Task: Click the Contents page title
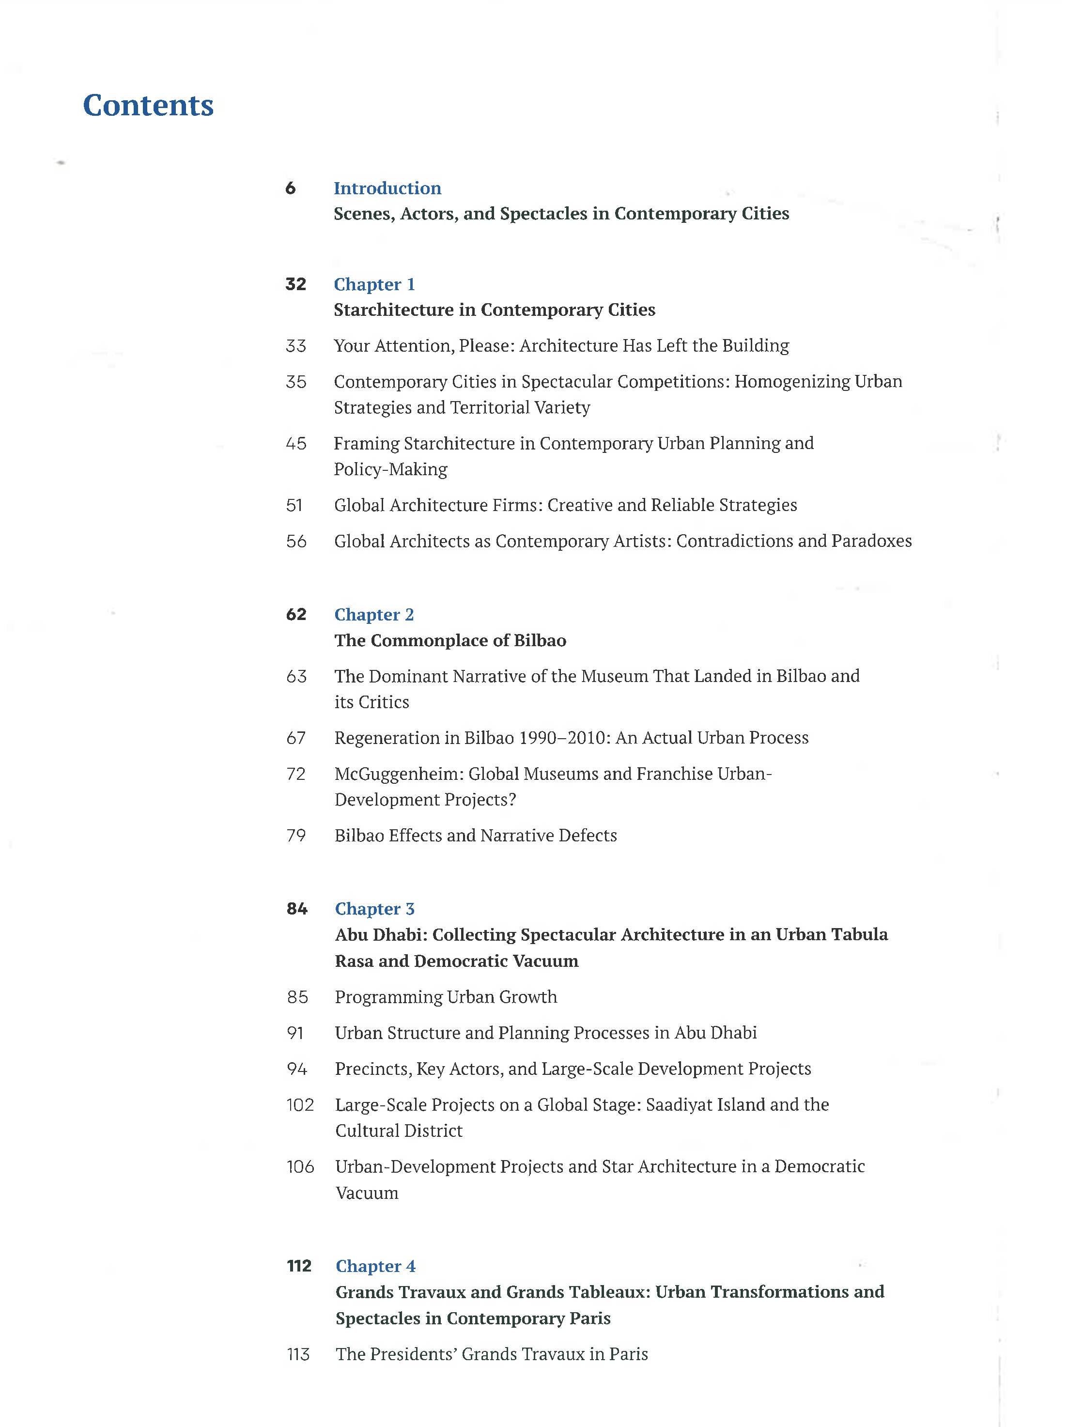pos(148,105)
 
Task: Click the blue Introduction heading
pos(387,188)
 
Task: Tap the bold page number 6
pos(290,188)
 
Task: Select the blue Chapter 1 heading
pos(374,284)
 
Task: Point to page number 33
pos(295,346)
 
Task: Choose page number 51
pos(294,505)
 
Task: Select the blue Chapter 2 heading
pos(374,614)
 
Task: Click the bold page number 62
pos(296,614)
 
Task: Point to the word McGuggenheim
pos(398,774)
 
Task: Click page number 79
pos(296,836)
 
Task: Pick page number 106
pos(300,1166)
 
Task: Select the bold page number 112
pos(299,1266)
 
